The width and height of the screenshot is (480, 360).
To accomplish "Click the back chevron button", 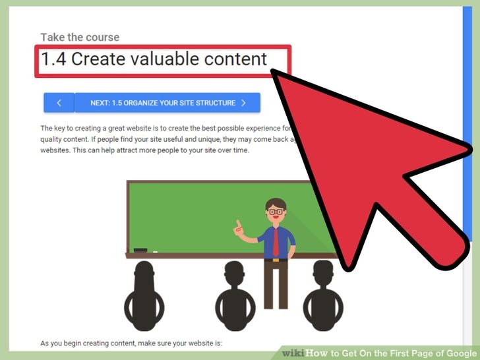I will pos(59,103).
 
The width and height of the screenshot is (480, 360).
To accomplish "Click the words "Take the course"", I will pos(80,38).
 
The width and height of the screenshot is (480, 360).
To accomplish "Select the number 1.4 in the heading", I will pos(53,59).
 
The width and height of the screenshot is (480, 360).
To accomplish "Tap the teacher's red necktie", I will pos(276,242).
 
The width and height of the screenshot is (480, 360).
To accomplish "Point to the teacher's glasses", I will pos(276,212).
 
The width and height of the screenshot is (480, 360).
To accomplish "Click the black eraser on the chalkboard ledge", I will pos(140,251).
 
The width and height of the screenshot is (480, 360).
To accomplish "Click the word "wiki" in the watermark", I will pos(294,353).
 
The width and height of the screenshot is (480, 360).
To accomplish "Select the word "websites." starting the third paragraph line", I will pos(57,150).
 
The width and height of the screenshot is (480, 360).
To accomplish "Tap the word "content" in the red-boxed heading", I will pos(235,59).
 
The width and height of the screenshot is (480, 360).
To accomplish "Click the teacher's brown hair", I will pos(276,202).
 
